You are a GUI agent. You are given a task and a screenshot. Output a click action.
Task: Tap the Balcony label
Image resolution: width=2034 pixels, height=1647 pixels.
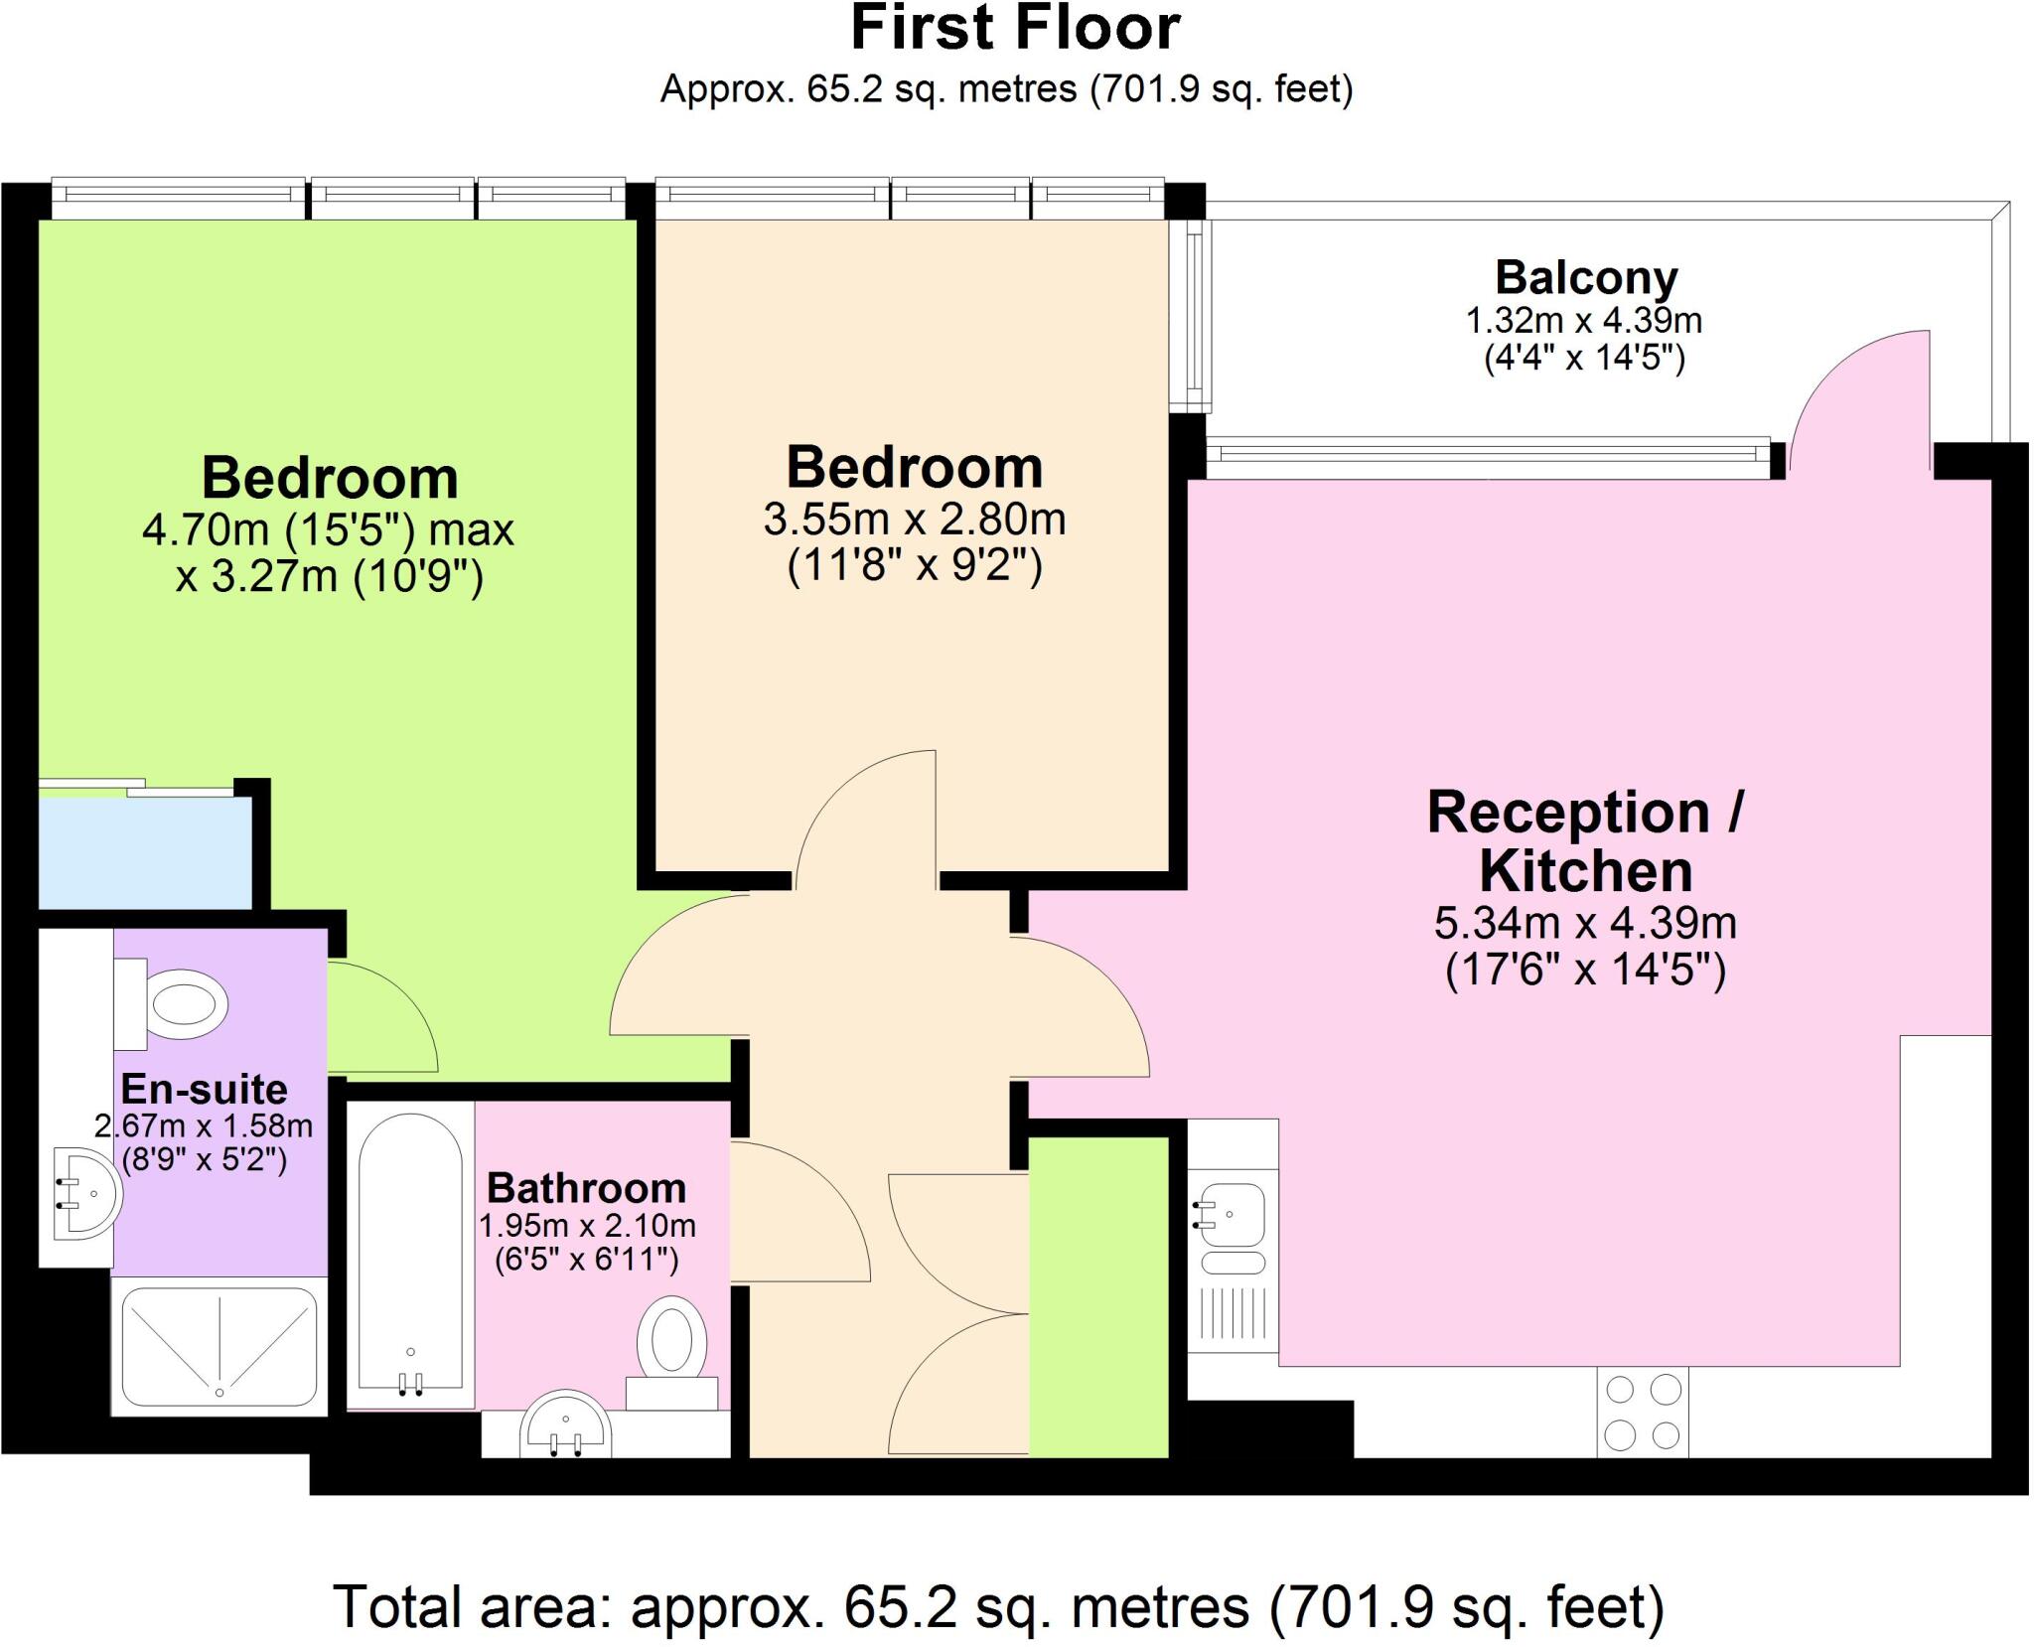(1586, 277)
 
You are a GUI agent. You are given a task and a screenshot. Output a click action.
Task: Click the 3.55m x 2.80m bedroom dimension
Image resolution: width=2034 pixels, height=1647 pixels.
(914, 520)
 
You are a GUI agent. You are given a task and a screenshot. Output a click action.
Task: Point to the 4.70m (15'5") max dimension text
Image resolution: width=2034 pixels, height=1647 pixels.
(328, 530)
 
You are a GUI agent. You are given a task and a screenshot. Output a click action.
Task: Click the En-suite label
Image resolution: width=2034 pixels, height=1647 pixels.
(204, 1090)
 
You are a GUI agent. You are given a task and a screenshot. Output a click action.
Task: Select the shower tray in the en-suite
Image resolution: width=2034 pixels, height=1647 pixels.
(218, 1345)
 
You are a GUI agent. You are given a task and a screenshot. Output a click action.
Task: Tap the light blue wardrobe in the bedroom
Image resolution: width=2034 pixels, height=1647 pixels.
(144, 852)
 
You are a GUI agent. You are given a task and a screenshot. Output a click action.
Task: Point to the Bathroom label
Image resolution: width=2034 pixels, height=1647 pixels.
(586, 1188)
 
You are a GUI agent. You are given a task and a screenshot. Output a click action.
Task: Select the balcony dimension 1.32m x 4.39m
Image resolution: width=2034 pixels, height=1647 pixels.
(1584, 321)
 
